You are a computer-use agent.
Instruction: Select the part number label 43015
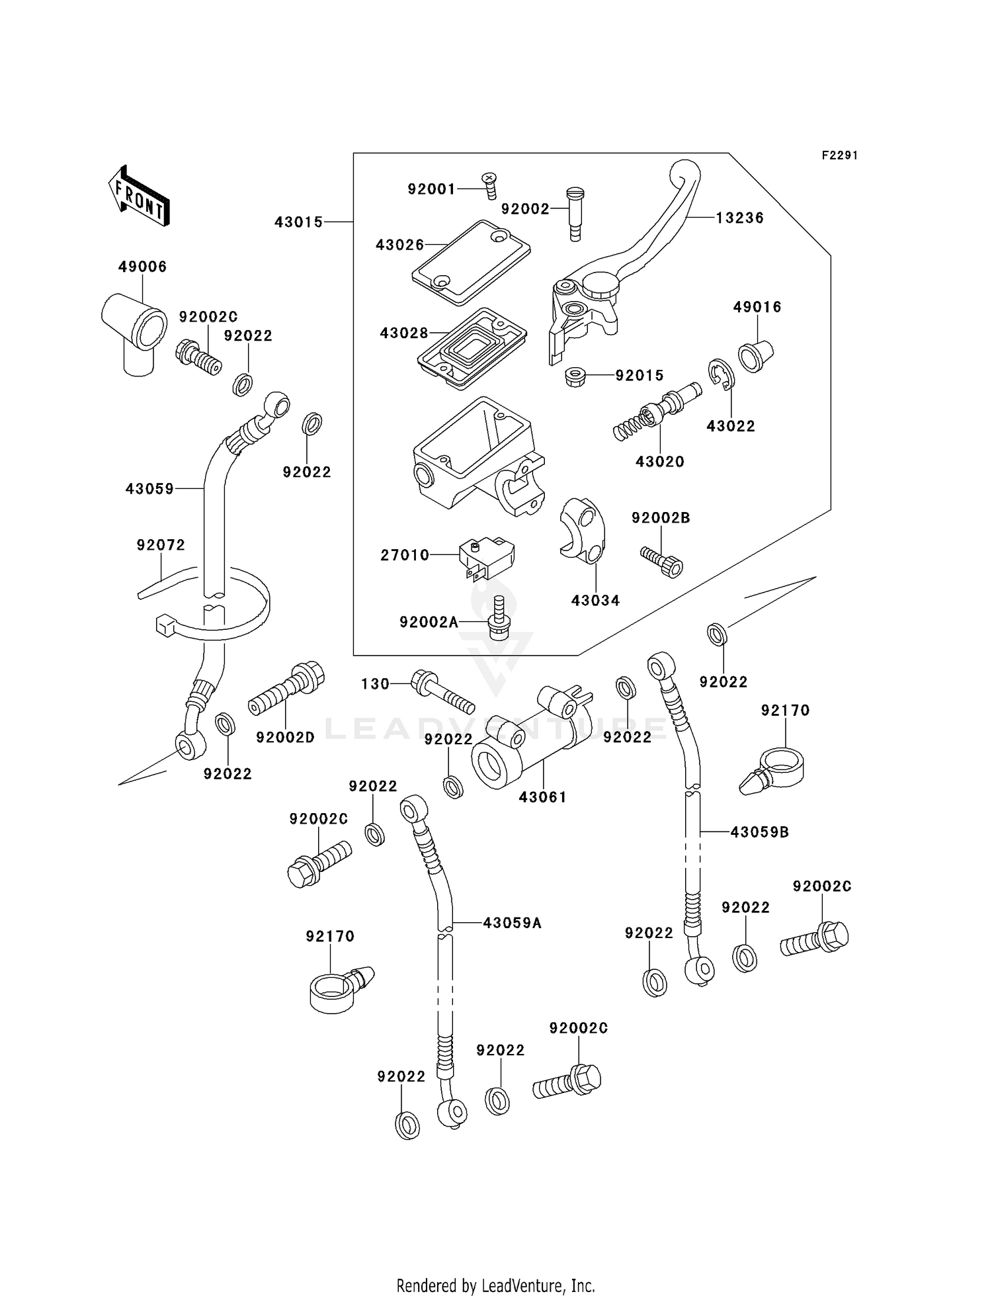(299, 222)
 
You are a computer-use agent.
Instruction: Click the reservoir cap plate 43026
(471, 263)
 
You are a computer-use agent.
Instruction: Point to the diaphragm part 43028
(472, 346)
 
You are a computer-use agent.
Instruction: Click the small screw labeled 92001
(489, 185)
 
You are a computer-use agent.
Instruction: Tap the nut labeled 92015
(576, 377)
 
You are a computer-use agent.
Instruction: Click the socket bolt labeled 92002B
(662, 561)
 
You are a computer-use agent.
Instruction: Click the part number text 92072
(161, 545)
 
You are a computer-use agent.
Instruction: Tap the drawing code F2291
(839, 155)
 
